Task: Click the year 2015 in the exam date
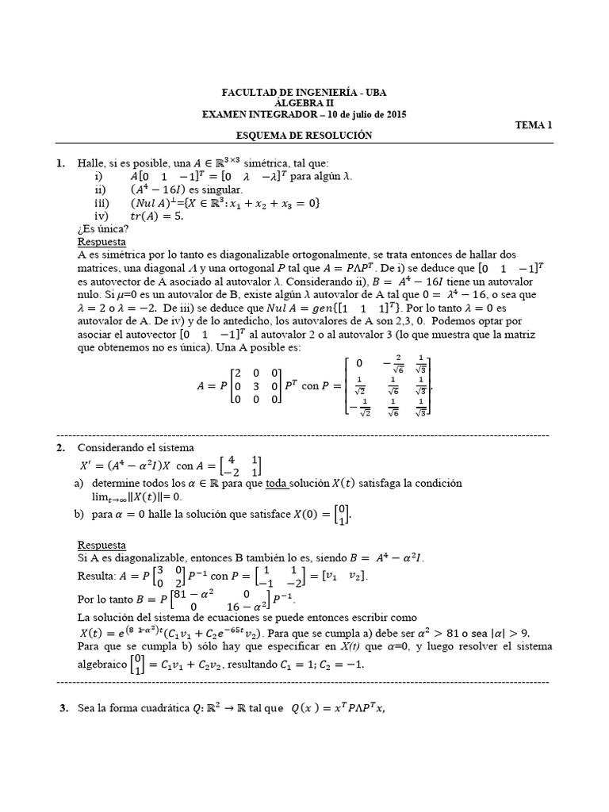point(393,114)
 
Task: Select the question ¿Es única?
point(104,228)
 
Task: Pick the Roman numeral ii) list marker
point(99,190)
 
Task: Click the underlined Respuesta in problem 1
point(101,241)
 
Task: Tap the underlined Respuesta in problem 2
point(101,546)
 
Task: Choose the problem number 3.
point(63,707)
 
